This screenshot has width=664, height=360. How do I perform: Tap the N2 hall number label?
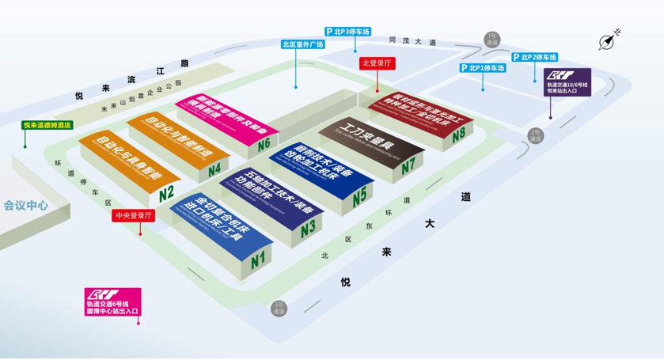[165, 192]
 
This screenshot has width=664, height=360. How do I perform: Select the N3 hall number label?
[308, 225]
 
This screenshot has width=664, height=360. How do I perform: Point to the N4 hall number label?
[214, 168]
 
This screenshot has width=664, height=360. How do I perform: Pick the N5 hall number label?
[359, 194]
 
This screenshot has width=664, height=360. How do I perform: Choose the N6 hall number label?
[263, 143]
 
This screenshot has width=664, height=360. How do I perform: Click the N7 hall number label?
[408, 166]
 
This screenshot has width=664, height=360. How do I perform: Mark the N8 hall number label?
[459, 135]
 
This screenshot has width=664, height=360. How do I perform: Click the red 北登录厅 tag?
[378, 63]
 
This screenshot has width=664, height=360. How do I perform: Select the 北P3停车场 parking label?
[347, 32]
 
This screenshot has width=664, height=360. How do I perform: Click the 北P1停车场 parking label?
[481, 68]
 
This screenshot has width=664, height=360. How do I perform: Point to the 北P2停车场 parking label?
[535, 57]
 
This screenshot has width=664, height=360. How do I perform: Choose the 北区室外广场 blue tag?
[303, 44]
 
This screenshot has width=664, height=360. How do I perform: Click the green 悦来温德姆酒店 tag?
[47, 124]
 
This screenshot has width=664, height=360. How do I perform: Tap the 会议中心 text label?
[25, 205]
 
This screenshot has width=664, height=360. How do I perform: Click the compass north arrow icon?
[609, 40]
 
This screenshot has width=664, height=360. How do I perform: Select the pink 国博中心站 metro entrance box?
[112, 302]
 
